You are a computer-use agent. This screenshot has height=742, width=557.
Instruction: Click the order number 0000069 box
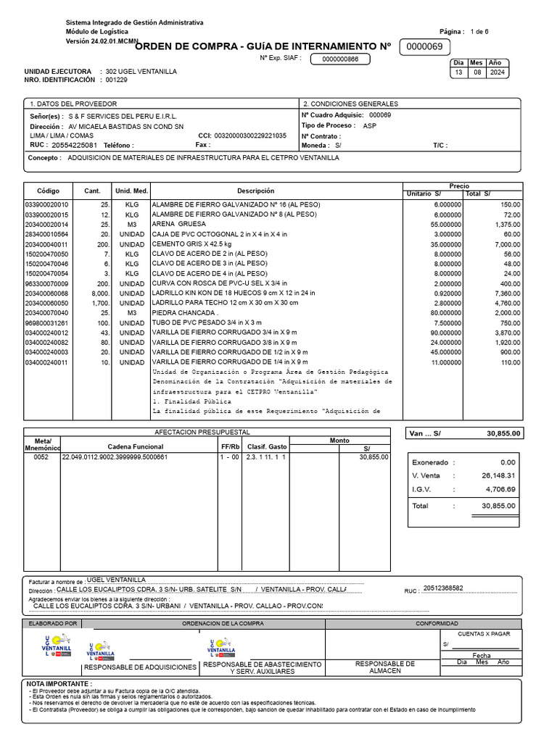[424, 47]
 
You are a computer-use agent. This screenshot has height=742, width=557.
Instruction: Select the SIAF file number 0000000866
[340, 59]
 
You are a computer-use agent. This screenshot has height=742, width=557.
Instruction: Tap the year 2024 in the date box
[498, 73]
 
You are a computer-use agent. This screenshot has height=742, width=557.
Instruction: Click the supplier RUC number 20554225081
[74, 145]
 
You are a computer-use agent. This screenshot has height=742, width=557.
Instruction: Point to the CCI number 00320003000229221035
[252, 136]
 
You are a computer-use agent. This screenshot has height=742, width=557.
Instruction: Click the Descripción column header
[255, 191]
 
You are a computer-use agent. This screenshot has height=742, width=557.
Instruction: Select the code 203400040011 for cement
[46, 245]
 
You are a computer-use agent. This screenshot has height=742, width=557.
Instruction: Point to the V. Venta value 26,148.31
[499, 475]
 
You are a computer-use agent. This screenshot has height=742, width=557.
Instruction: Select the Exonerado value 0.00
[508, 462]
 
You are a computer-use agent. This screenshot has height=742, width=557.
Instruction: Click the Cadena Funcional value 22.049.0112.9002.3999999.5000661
[115, 457]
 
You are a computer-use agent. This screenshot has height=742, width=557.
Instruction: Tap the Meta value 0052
[41, 457]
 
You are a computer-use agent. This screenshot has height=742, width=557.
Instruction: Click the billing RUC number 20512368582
[443, 588]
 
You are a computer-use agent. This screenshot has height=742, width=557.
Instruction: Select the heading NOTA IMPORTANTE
[59, 683]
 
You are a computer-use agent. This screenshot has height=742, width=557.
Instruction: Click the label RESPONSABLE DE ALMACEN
[385, 667]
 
